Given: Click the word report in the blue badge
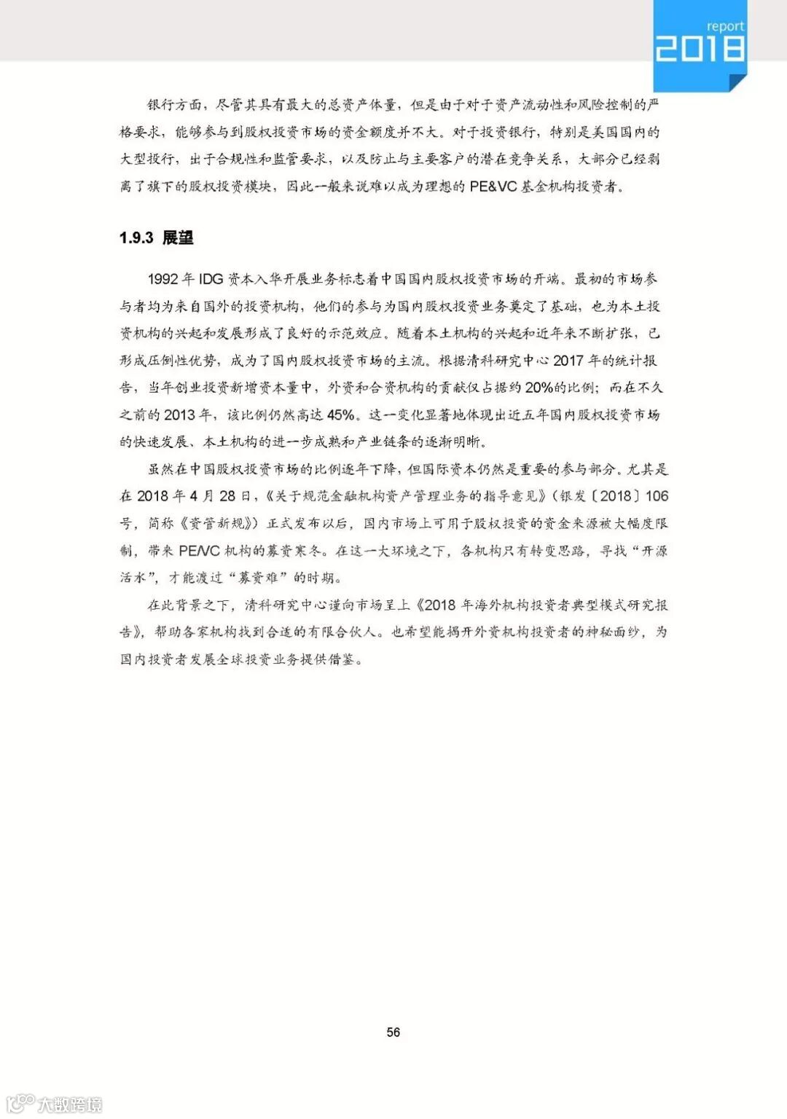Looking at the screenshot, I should point(725,26).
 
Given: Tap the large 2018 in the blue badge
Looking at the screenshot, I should point(700,50).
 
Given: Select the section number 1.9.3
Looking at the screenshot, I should point(136,237).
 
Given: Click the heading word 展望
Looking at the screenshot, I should point(177,237).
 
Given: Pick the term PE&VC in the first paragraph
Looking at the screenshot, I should point(492,186).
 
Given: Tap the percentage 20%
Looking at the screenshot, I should point(539,388).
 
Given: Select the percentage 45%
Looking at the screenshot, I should point(341,415).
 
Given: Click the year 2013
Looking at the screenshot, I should point(179,415).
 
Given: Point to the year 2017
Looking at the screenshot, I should point(568,361).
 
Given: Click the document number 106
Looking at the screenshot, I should point(656,496).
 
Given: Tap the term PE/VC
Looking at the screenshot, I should point(199,551).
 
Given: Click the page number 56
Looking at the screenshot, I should point(393,1032).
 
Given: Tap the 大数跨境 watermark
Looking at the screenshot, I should point(70,1104).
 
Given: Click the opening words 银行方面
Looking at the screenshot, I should point(174,105).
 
